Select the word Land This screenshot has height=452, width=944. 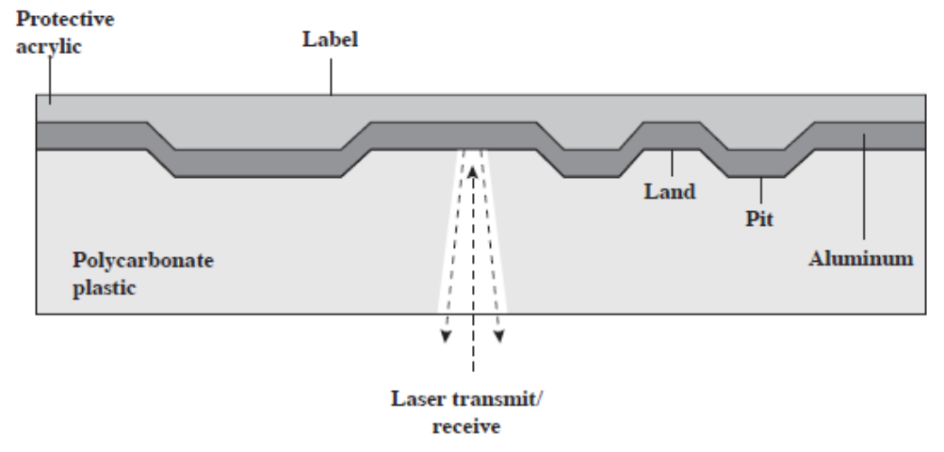pyautogui.click(x=670, y=193)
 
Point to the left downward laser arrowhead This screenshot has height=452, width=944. pyautogui.click(x=445, y=336)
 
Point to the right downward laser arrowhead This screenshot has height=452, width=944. pyautogui.click(x=500, y=336)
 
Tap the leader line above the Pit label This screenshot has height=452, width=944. pyautogui.click(x=759, y=194)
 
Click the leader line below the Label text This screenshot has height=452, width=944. pyautogui.click(x=331, y=81)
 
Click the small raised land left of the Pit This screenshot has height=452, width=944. pyautogui.click(x=670, y=137)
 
